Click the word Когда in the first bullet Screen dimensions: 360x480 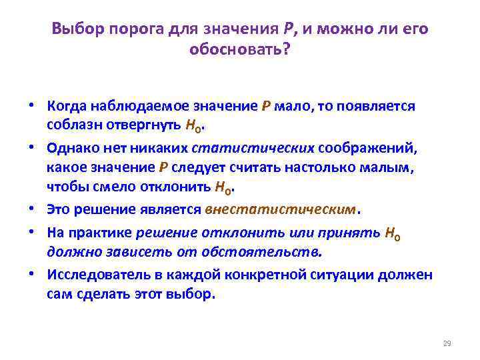(x=66, y=107)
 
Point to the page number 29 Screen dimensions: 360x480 (x=447, y=343)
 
